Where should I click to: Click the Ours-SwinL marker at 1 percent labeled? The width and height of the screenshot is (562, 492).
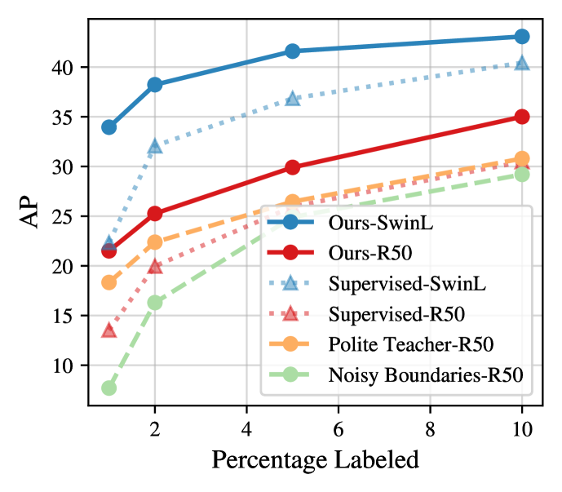point(108,127)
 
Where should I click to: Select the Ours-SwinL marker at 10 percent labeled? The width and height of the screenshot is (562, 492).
point(522,36)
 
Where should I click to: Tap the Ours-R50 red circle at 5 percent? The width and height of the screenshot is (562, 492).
point(292,167)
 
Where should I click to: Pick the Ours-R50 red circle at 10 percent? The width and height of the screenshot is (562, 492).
point(522,117)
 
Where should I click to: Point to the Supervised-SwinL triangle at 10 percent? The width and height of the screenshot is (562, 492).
point(522,63)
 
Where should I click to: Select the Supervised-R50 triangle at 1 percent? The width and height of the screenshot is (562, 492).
point(108,330)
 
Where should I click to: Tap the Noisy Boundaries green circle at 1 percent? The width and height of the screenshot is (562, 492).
point(108,388)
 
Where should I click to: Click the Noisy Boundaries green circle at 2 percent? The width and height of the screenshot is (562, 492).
point(155,302)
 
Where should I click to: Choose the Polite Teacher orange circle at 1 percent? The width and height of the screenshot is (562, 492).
point(108,282)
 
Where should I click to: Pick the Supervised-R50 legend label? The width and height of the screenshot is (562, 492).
point(387,313)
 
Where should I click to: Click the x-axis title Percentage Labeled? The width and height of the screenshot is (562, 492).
point(315,459)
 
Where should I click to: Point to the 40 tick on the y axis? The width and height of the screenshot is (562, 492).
point(69,68)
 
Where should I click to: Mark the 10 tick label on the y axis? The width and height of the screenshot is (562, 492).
point(69,366)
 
